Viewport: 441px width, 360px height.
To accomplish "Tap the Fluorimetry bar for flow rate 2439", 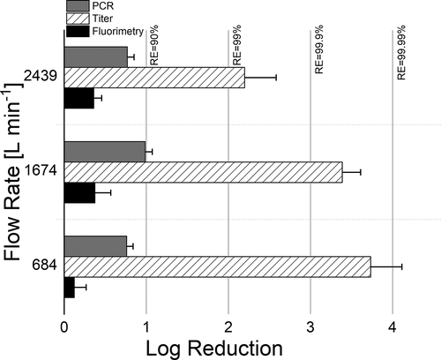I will (78, 98).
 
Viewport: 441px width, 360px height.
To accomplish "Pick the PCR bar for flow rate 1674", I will (104, 152).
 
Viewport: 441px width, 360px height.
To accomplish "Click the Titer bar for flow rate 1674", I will (203, 171).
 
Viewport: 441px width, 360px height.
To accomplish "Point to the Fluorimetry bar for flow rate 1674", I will (79, 192).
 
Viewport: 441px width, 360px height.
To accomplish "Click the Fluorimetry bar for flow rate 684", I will (69, 287).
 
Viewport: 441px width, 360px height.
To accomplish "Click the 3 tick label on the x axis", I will (310, 326).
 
